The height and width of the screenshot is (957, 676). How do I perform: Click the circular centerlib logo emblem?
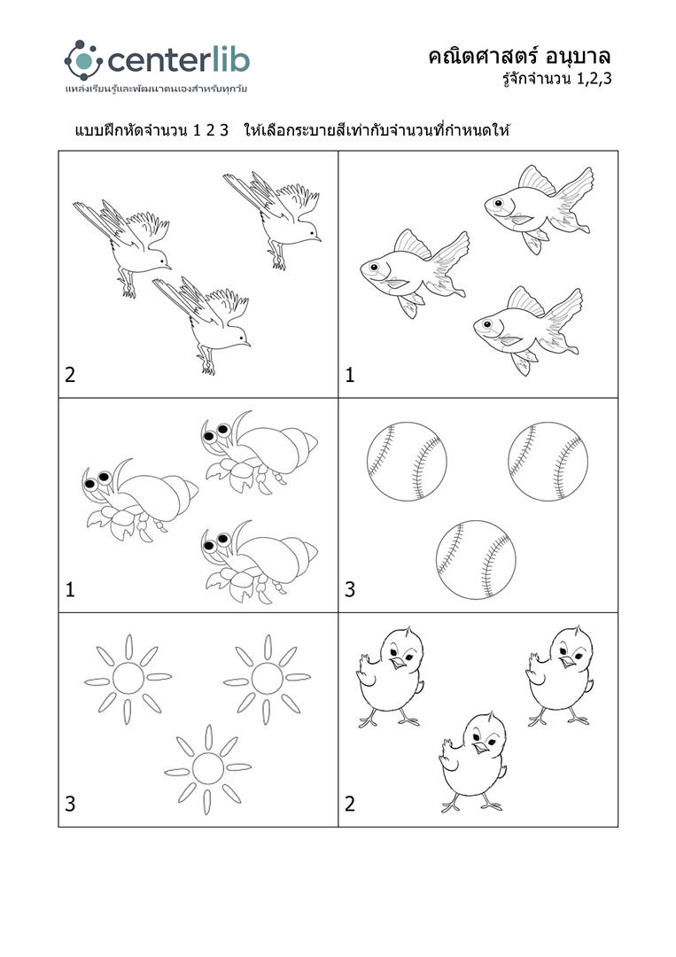(83, 60)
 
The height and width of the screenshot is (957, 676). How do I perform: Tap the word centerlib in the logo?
(179, 60)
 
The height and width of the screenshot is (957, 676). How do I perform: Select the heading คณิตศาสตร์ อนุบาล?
(519, 57)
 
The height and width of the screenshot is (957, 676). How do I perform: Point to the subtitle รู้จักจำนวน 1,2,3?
(557, 79)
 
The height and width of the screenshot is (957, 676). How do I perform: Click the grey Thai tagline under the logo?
(156, 89)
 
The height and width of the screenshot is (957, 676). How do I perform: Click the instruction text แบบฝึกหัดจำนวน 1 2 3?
(152, 130)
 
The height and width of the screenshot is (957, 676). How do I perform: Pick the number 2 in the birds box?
(70, 374)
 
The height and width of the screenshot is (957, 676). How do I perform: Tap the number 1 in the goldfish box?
(350, 374)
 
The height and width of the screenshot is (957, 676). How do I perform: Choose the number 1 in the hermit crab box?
(70, 589)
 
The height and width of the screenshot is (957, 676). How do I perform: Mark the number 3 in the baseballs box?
(350, 589)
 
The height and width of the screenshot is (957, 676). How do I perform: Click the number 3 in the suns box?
(70, 803)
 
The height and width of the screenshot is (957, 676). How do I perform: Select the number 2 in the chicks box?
(350, 803)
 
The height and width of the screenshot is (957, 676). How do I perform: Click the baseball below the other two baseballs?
(476, 560)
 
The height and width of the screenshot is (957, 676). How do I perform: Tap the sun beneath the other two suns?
(208, 768)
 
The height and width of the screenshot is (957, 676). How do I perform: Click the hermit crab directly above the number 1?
(140, 499)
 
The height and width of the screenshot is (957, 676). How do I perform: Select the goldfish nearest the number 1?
(414, 272)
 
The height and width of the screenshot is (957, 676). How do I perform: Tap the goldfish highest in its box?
(539, 206)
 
